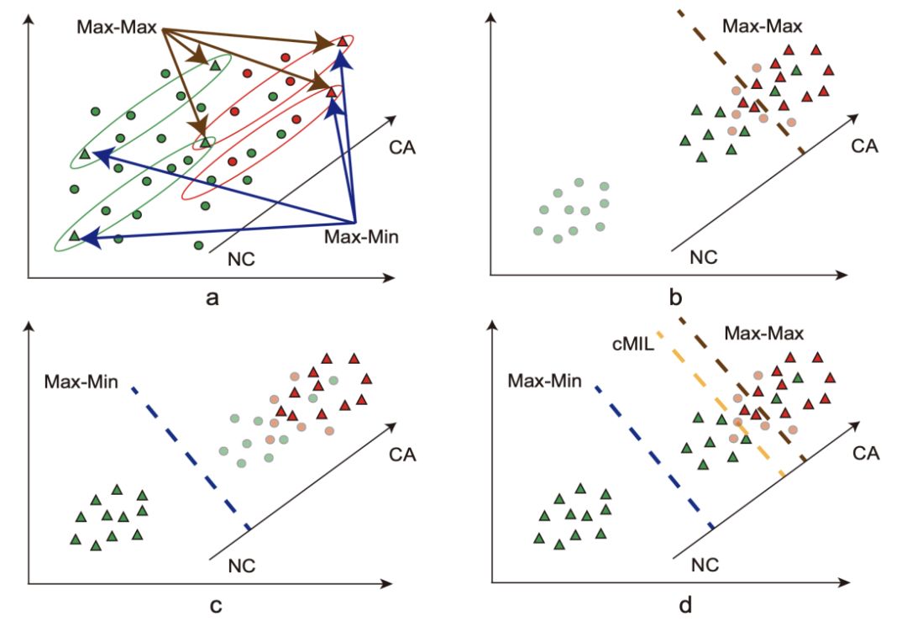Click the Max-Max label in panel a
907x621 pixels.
coord(117,28)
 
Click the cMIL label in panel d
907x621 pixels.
coord(626,344)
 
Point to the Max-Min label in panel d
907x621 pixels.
coord(545,381)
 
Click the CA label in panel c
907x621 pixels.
coord(404,455)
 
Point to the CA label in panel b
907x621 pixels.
coord(864,145)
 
